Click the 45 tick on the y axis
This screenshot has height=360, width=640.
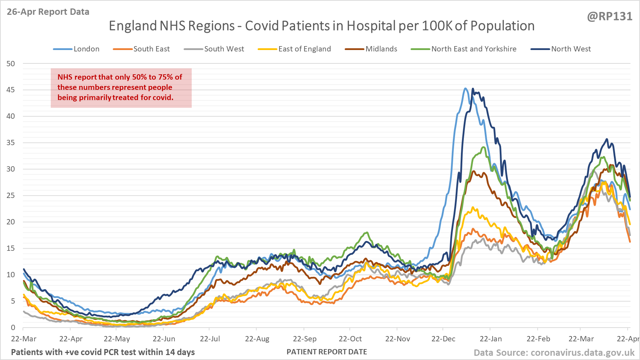pos(11,90)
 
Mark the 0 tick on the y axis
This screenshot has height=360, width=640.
pos(13,328)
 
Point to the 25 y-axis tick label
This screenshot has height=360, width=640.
pos(11,195)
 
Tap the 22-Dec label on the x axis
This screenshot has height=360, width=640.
pos(443,339)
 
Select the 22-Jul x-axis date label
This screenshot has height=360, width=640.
pos(210,339)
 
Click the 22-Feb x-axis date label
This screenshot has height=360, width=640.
pos(538,339)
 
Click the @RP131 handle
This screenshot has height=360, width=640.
pos(610,17)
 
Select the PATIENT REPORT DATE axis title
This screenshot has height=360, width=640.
pos(327,352)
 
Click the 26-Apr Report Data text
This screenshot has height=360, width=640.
pos(48,12)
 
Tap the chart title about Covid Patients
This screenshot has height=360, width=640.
pos(321,26)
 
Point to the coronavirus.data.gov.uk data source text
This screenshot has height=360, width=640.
pos(554,353)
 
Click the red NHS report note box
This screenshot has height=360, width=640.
pos(121,88)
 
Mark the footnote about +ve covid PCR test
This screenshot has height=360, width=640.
pos(103,352)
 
